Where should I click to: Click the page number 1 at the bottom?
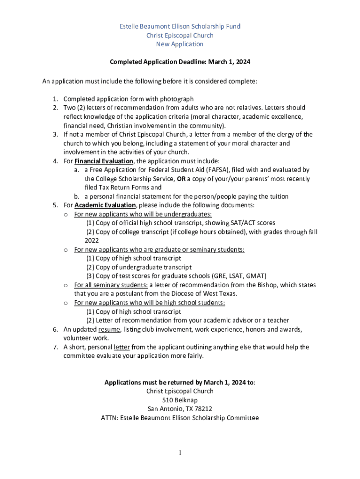(180, 452)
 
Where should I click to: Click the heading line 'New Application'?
(180, 44)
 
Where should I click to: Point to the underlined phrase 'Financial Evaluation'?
(104, 161)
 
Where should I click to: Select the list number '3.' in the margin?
(55, 134)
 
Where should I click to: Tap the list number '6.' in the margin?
(55, 329)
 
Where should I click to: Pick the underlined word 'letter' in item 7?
(122, 347)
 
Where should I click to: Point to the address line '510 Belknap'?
(180, 400)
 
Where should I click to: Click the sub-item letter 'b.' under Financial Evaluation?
(77, 196)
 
